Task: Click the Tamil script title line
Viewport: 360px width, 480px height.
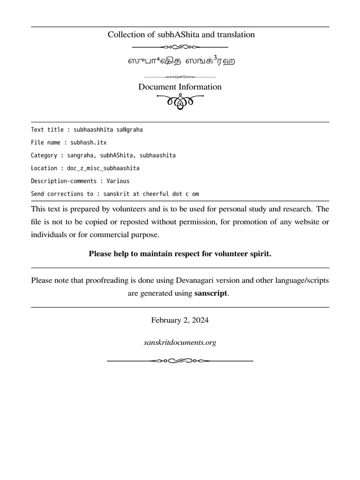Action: pyautogui.click(x=180, y=61)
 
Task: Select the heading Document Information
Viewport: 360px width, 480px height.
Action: pyautogui.click(x=180, y=87)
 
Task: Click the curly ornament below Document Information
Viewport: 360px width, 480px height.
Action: pyautogui.click(x=180, y=101)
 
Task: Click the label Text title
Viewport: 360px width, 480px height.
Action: pyautogui.click(x=46, y=129)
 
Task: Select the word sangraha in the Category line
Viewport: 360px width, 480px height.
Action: pyautogui.click(x=81, y=155)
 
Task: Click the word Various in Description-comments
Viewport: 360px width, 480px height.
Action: pyautogui.click(x=118, y=181)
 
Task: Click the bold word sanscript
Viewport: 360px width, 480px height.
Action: pyautogui.click(x=211, y=293)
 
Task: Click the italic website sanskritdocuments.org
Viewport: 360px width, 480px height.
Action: pyautogui.click(x=180, y=343)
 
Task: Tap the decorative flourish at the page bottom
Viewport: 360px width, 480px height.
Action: pyautogui.click(x=180, y=361)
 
